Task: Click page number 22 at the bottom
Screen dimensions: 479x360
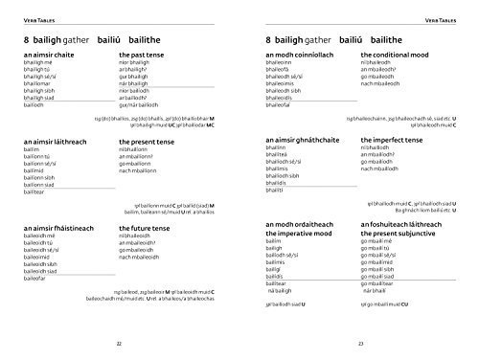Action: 118,343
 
